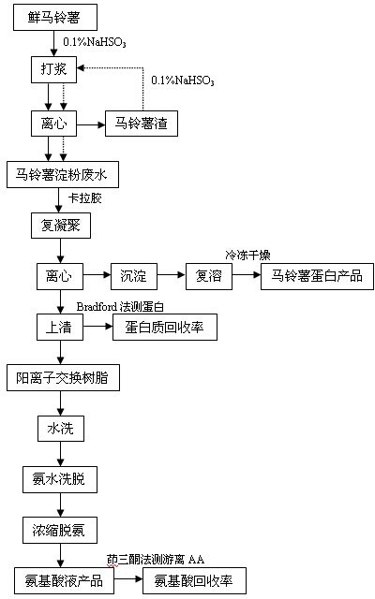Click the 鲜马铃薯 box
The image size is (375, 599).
click(55, 17)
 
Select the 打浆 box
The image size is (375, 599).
click(53, 69)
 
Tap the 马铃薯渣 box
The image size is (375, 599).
click(142, 124)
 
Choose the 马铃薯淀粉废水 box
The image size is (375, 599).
click(63, 175)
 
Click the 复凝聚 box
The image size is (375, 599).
click(61, 226)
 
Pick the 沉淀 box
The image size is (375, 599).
click(134, 276)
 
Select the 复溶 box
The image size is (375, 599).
click(209, 276)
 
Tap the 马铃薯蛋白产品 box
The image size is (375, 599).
click(317, 276)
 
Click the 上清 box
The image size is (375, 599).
click(60, 327)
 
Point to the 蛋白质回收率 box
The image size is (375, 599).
click(165, 327)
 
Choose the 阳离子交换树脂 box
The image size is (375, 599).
click(63, 377)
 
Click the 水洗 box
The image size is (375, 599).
click(60, 429)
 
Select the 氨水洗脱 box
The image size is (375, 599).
click(60, 479)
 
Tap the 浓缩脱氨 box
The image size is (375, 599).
click(60, 531)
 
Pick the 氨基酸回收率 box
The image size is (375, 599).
click(194, 580)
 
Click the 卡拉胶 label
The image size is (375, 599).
click(85, 198)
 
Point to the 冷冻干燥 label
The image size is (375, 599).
click(247, 255)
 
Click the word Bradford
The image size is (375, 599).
click(97, 306)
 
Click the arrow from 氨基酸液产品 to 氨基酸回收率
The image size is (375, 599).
click(128, 578)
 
